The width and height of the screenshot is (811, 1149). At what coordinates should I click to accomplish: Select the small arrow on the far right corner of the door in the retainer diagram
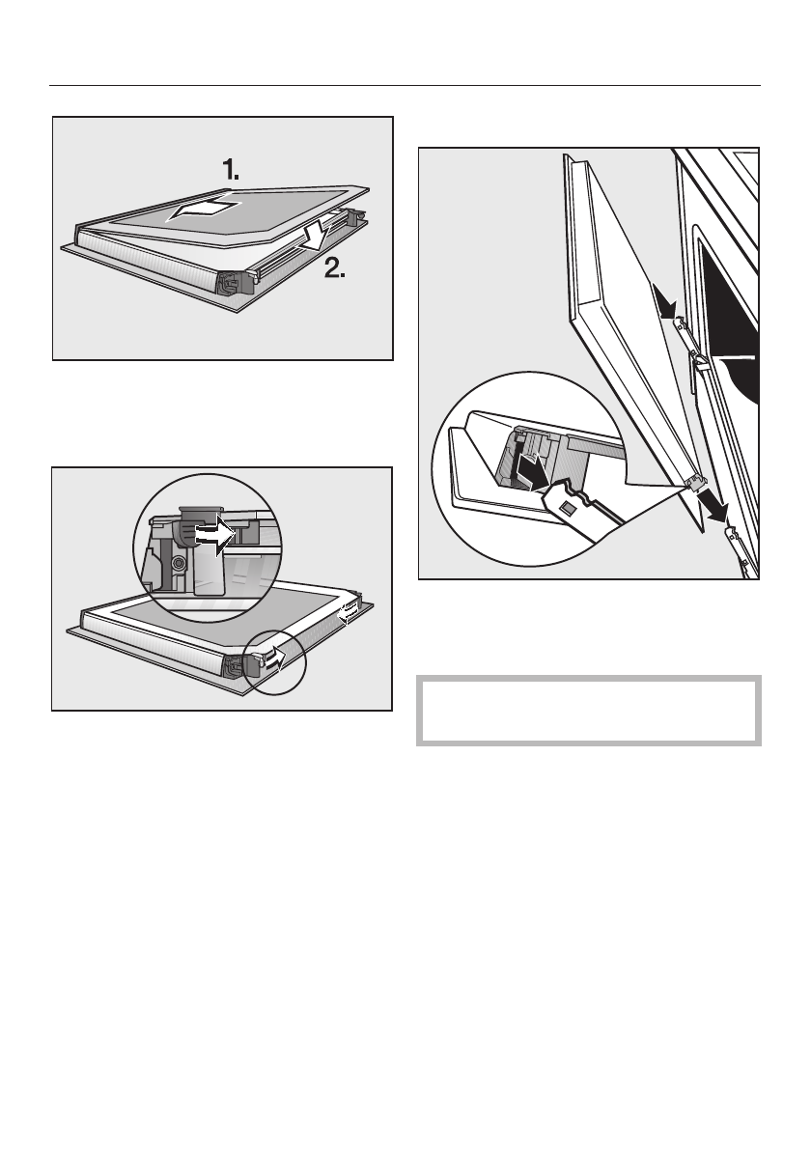click(x=349, y=608)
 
